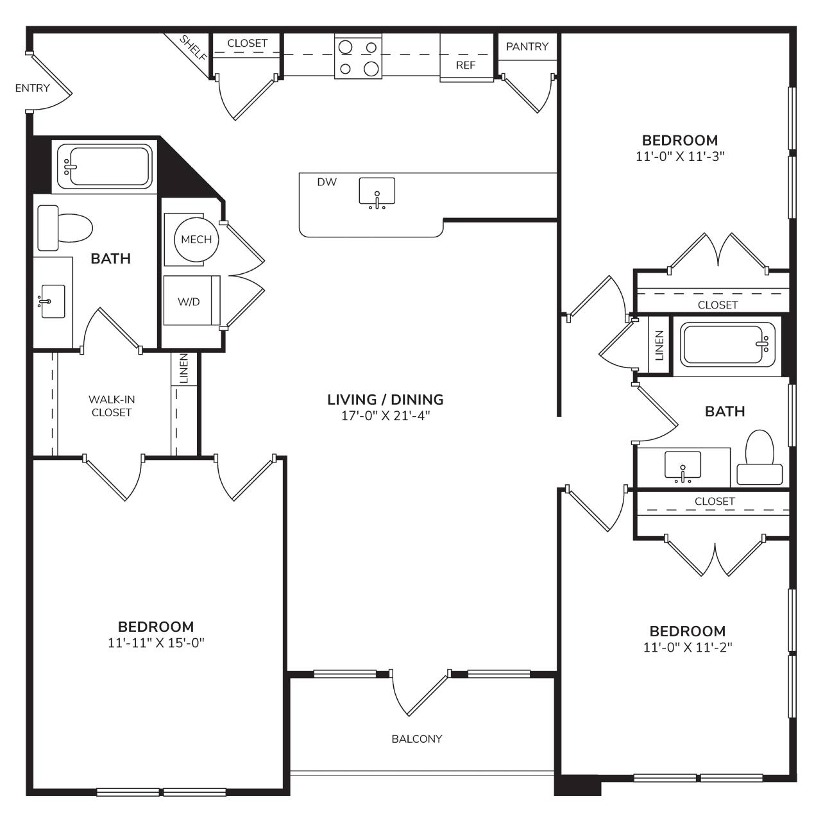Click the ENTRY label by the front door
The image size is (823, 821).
[x=33, y=88]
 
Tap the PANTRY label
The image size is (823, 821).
[x=527, y=46]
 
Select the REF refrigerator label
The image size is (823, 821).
[x=466, y=65]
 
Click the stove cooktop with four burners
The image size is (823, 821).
[x=358, y=57]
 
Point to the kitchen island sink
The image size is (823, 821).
[x=377, y=193]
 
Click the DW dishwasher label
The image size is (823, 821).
[x=327, y=182]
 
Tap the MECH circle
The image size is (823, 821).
[x=196, y=240]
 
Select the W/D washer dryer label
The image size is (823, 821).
[x=189, y=301]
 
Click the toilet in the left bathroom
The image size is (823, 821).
[x=65, y=228]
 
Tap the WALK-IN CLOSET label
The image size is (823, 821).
[x=112, y=406]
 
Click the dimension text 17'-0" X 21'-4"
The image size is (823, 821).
[x=386, y=416]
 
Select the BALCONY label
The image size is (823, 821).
[x=417, y=738]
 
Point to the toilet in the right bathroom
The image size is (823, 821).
[x=759, y=457]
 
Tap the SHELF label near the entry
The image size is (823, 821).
[x=194, y=48]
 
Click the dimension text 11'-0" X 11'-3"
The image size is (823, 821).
[x=681, y=157]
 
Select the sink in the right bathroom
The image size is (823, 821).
[x=683, y=467]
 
